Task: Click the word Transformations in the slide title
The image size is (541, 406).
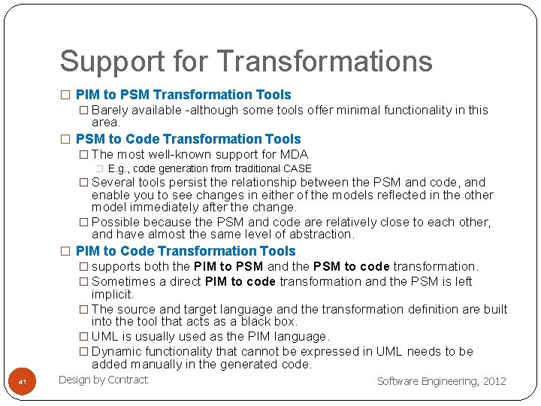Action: [x=325, y=62]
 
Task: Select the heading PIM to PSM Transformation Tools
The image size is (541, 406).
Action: [x=183, y=95]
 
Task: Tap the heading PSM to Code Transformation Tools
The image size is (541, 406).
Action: [x=188, y=139]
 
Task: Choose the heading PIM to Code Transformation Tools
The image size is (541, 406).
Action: [x=186, y=251]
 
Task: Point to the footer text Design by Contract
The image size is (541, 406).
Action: [x=103, y=380]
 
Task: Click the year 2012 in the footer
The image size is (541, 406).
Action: [x=494, y=381]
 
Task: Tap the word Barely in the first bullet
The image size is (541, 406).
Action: [x=110, y=110]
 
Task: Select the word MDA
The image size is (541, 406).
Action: [x=293, y=155]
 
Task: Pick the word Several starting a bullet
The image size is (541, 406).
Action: [x=114, y=182]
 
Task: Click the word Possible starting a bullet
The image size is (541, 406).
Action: [x=116, y=222]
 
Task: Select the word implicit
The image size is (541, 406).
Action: [x=113, y=294]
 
